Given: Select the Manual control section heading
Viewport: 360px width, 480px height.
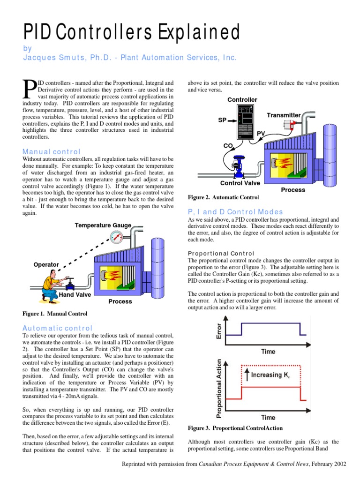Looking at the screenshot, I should point(52,151).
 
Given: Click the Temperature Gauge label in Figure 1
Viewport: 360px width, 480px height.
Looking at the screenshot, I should point(103,225).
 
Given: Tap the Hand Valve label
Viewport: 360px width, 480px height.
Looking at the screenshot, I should point(75,295).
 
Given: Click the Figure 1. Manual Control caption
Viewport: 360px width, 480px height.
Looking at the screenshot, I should point(55,313).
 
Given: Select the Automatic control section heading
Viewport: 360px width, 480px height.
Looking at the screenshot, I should point(58,328).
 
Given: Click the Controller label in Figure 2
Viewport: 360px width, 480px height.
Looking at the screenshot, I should point(242,100).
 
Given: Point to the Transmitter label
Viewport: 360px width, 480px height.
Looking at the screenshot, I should point(284,115).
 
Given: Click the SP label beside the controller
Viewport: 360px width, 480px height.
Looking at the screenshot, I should point(222,120).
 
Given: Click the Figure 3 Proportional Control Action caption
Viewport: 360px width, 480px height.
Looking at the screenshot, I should point(235,428).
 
